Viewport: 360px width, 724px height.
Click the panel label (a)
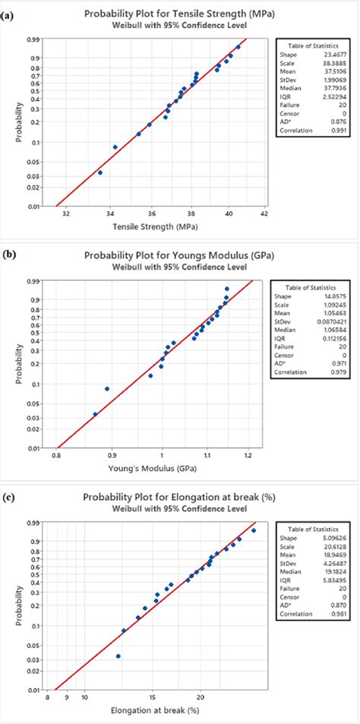[8, 7]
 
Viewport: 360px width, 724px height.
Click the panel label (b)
[8, 247]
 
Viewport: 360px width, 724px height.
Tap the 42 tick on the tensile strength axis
[263, 214]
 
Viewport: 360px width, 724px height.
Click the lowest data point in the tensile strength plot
[100, 172]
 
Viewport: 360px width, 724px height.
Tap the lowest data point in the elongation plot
[118, 656]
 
